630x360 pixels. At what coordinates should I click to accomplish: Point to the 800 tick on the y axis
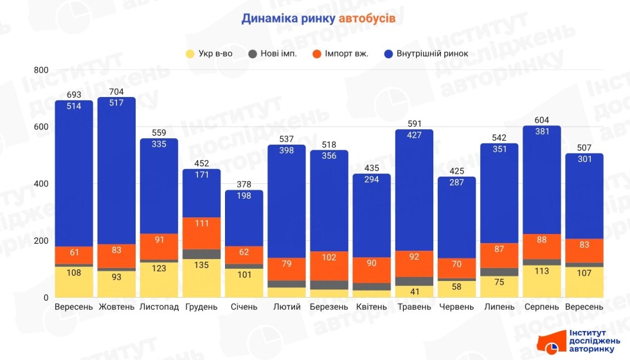pyautogui.click(x=40, y=69)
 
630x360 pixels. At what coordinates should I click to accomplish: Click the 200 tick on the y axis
pyautogui.click(x=40, y=240)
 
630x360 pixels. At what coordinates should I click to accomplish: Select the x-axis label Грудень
pyautogui.click(x=201, y=307)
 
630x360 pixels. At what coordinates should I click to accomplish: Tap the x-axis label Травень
pyautogui.click(x=414, y=307)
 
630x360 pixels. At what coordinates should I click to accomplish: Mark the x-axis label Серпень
pyautogui.click(x=541, y=307)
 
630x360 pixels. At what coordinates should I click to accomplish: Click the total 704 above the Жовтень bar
pyautogui.click(x=116, y=91)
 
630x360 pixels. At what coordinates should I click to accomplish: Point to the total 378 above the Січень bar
pyautogui.click(x=244, y=184)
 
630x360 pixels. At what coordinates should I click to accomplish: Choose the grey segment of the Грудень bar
pyautogui.click(x=201, y=254)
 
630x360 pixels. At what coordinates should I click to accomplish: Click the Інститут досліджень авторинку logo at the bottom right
pyautogui.click(x=583, y=341)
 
